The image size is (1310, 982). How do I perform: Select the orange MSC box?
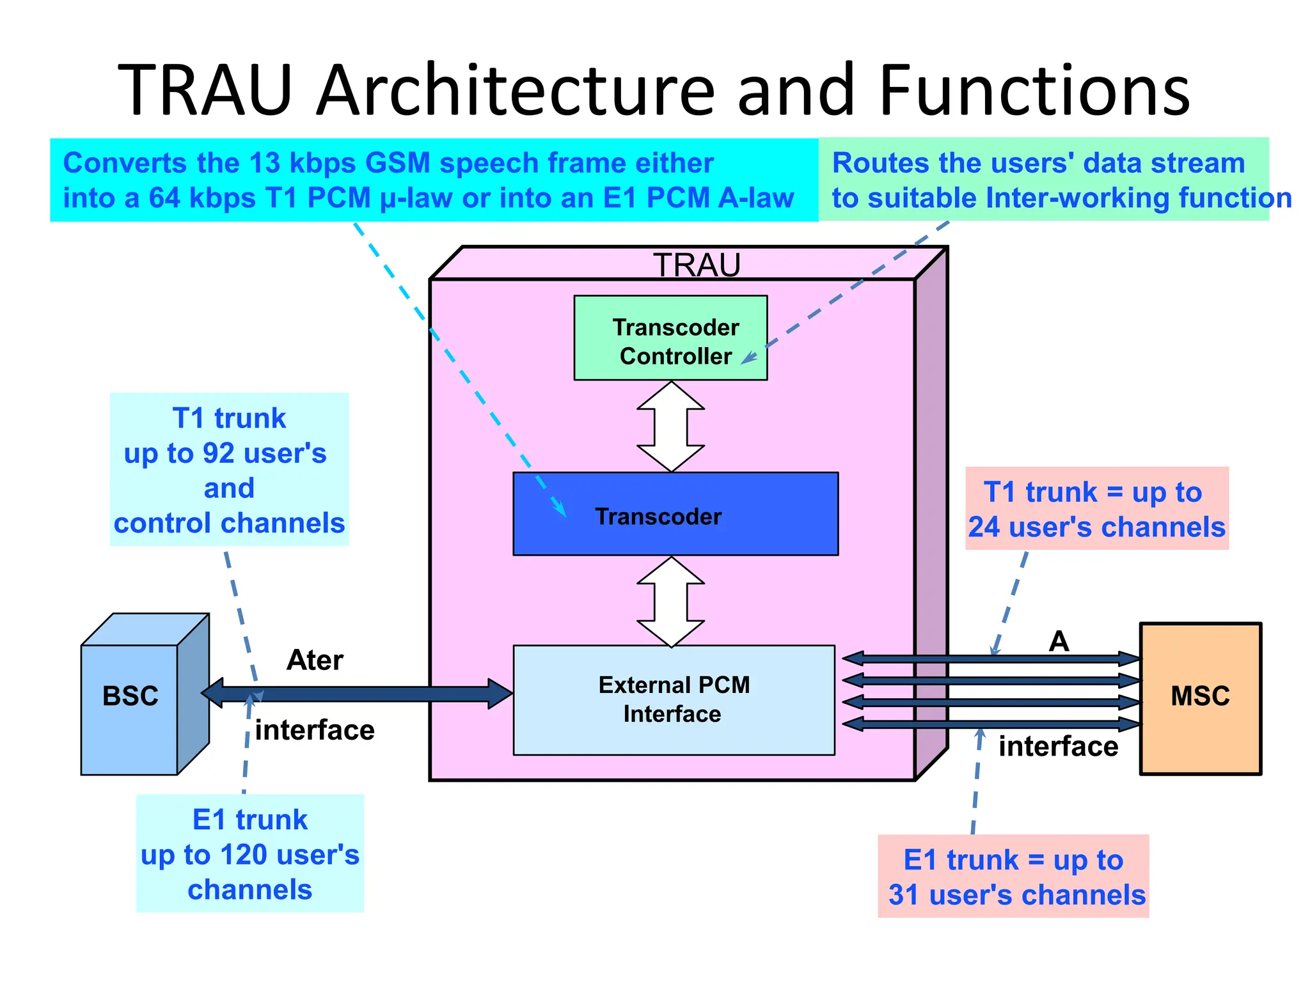click(1200, 698)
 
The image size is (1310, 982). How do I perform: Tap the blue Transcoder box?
click(675, 515)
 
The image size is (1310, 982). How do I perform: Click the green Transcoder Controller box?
click(670, 338)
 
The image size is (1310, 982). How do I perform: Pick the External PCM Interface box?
click(674, 700)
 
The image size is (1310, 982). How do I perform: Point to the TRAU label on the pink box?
click(697, 265)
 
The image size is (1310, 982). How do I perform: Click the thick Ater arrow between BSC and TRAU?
click(358, 694)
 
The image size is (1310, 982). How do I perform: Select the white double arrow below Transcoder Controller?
click(671, 427)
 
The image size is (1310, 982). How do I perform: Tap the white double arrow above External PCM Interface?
click(671, 602)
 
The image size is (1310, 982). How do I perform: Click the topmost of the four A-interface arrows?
click(991, 659)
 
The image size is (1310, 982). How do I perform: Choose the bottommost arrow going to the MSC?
click(991, 724)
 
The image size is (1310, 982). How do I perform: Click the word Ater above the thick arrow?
click(315, 660)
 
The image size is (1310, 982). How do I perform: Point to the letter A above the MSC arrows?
click(1059, 641)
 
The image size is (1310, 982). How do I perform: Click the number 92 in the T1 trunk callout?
click(218, 453)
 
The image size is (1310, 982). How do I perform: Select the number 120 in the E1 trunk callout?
click(243, 855)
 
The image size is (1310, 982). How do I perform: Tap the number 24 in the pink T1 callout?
click(983, 527)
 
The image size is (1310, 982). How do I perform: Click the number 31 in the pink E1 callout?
click(903, 895)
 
